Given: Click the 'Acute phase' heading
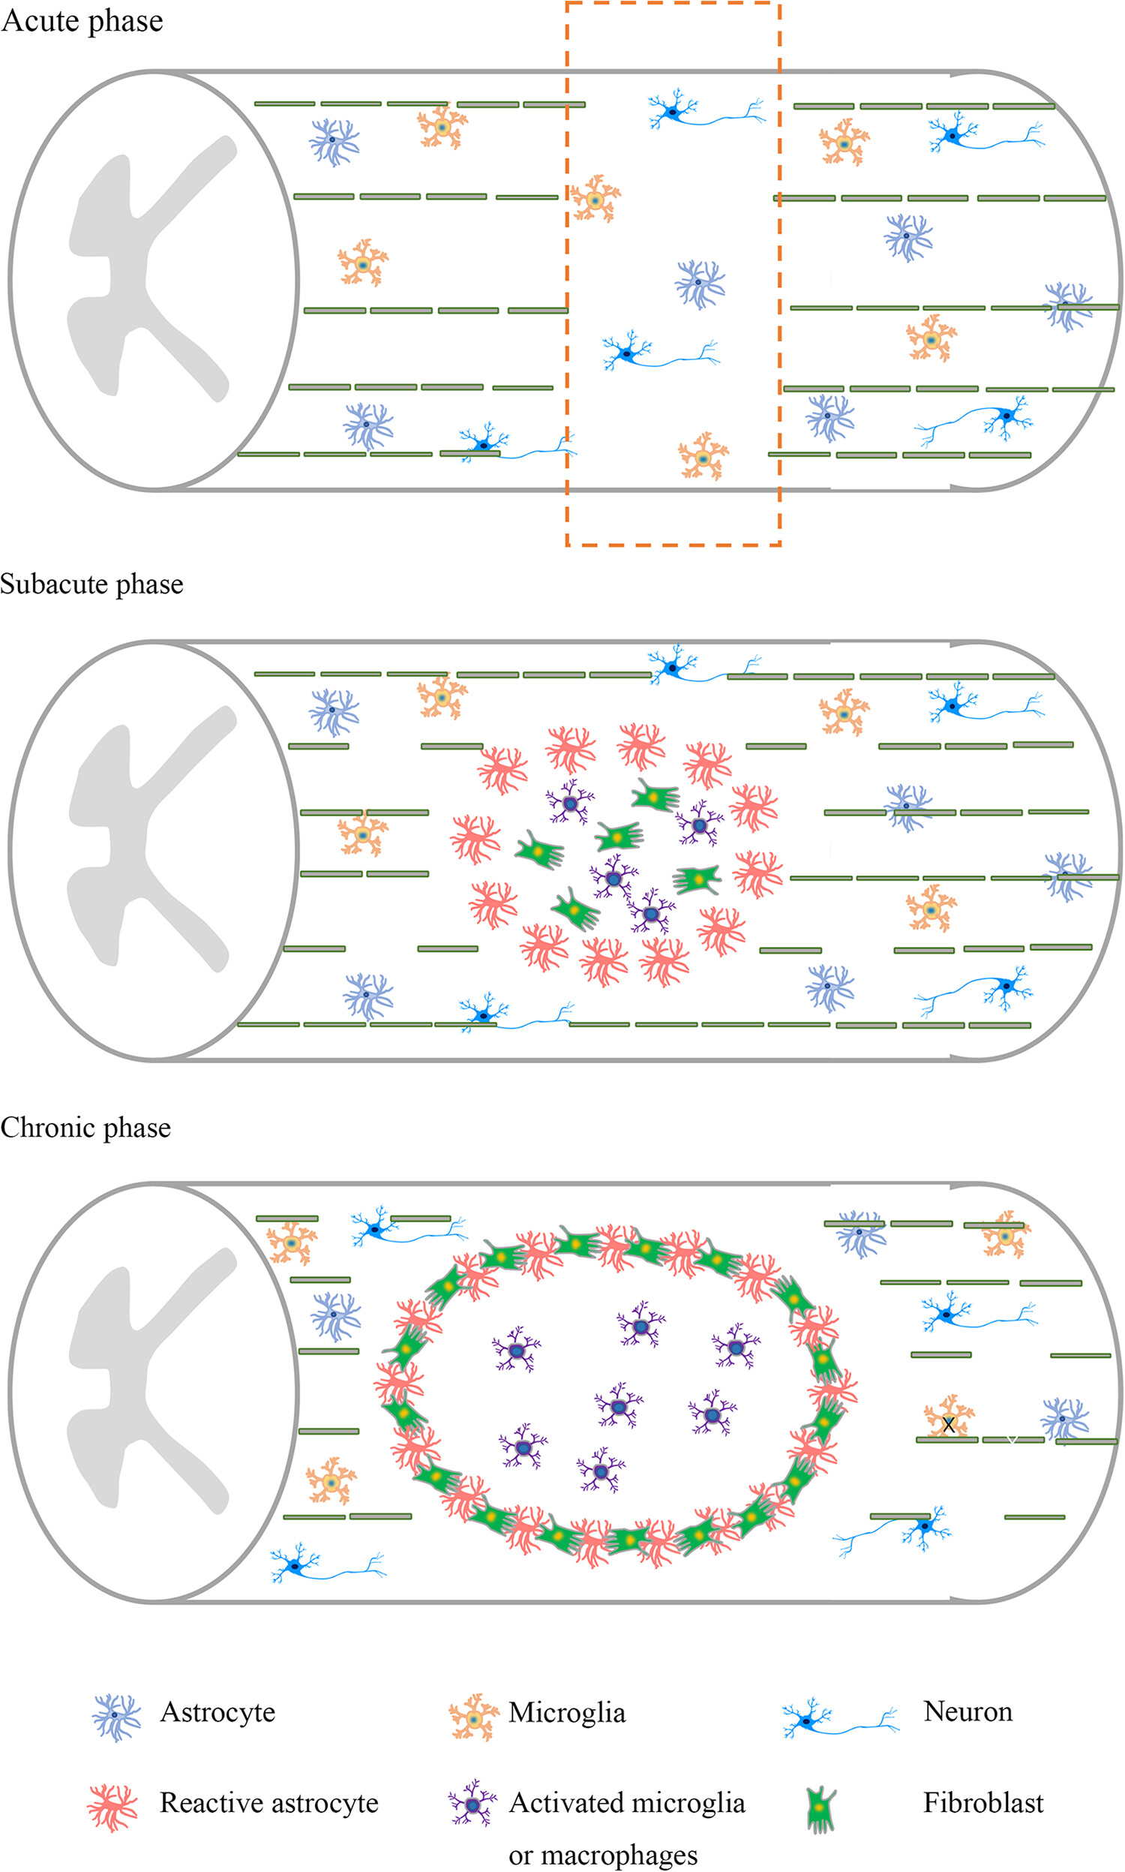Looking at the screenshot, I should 82,20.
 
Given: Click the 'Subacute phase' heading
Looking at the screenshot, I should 91,584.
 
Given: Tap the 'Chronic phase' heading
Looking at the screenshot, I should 85,1128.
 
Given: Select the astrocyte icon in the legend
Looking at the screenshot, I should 116,1717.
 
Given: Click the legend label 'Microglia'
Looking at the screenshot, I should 567,1713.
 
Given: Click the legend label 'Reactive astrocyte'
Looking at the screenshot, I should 269,1803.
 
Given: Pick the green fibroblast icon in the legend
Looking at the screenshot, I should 820,1808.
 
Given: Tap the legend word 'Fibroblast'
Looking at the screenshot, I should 983,1803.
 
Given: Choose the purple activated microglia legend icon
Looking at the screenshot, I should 472,1804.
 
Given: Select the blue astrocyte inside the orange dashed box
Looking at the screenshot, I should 699,284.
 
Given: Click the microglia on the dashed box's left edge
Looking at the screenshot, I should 594,199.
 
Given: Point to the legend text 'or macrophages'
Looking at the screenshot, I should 603,1855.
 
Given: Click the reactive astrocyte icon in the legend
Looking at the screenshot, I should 113,1807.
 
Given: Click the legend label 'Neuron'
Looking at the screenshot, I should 968,1712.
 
